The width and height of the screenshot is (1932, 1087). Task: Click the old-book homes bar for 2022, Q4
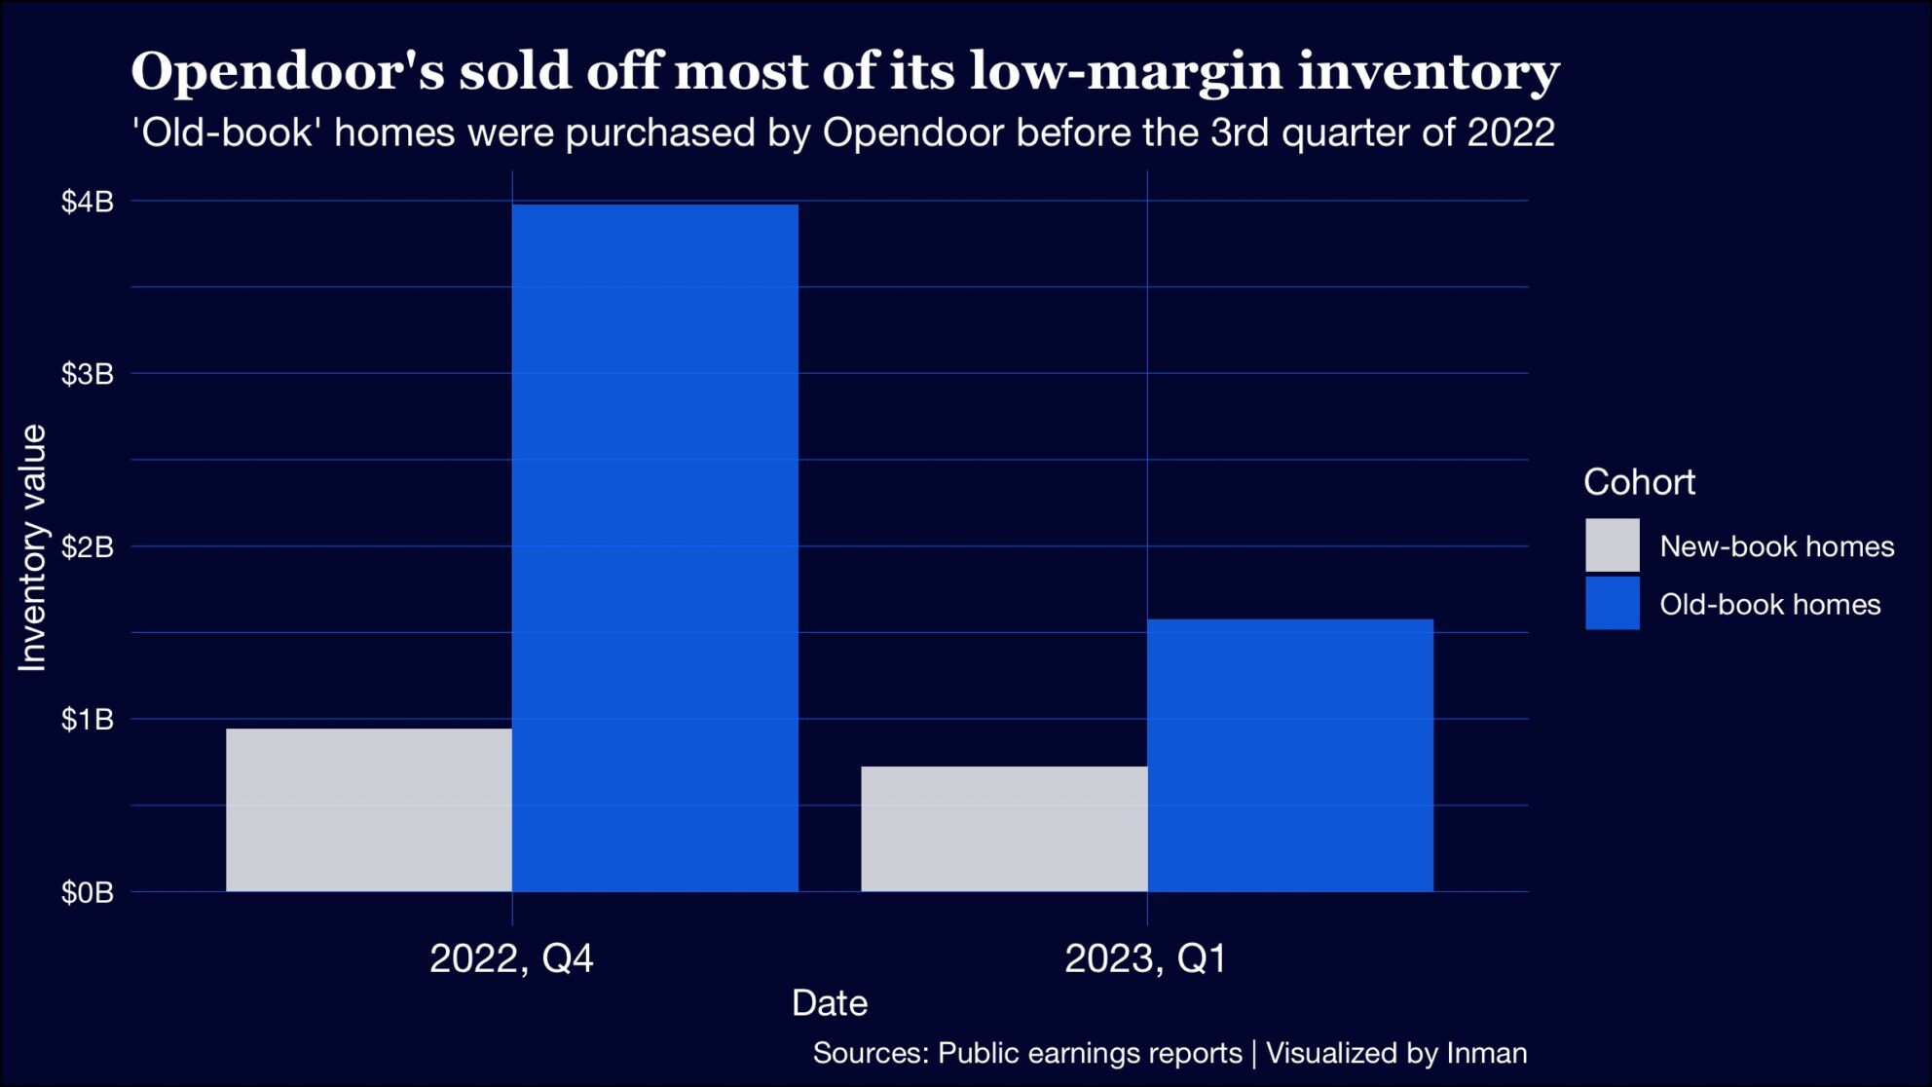654,547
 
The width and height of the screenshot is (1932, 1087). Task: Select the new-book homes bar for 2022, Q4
369,809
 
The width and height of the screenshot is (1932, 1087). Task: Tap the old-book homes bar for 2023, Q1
1289,755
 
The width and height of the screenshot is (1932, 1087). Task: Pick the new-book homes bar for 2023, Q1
1004,828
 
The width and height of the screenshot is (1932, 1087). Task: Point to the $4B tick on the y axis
88,202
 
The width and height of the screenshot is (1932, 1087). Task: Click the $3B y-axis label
88,374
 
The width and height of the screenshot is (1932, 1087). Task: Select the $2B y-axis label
88,546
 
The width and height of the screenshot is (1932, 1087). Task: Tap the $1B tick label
88,720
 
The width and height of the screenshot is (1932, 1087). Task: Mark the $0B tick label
88,892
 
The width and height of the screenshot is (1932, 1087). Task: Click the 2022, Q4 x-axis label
511,958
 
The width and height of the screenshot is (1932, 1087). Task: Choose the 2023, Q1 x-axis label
1146,958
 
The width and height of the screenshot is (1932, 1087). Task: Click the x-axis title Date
829,1003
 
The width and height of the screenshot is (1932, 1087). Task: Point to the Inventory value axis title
32,547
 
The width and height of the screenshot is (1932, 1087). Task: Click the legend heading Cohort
1639,482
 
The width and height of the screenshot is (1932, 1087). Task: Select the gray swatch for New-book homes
1612,545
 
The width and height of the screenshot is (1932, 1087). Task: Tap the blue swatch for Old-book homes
1612,603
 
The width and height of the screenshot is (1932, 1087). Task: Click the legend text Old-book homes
1769,605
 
